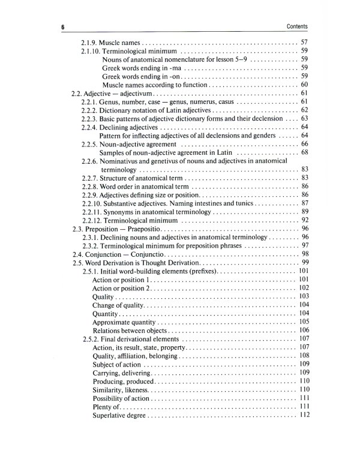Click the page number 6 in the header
pos(62,27)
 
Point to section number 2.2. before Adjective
pos(76,94)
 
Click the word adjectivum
pos(137,94)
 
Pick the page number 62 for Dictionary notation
pos(304,110)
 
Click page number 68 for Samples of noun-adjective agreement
pos(304,152)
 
